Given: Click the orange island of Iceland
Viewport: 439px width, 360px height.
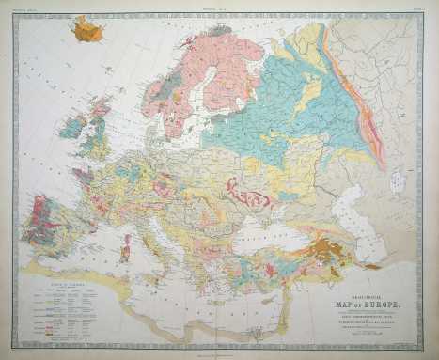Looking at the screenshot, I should click(87, 33).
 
